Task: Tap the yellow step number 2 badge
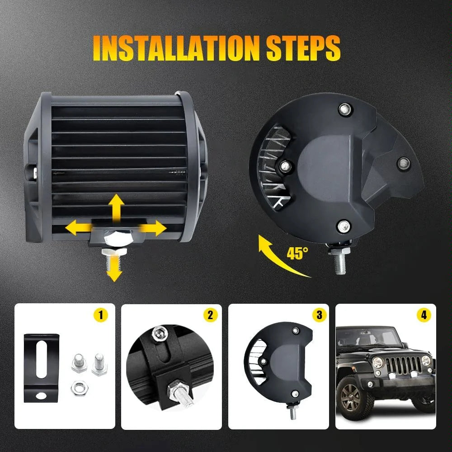(209, 315)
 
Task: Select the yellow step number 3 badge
(319, 315)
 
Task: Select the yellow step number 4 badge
(424, 315)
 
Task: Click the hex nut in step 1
(77, 387)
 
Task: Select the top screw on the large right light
(345, 108)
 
